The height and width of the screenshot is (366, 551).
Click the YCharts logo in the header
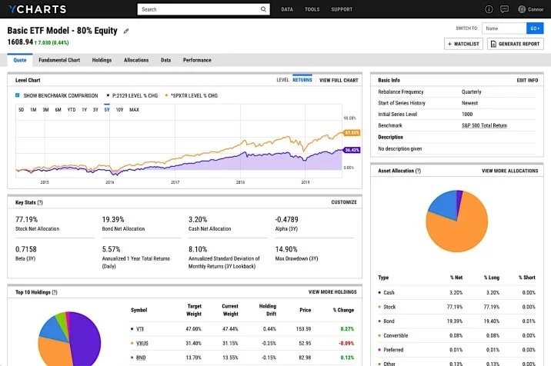pyautogui.click(x=36, y=9)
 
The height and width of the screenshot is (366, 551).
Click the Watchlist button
pyautogui.click(x=464, y=44)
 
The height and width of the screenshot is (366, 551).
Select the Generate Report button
pyautogui.click(x=516, y=44)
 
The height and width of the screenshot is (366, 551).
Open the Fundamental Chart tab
pyautogui.click(x=59, y=60)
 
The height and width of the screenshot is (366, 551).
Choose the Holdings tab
pyautogui.click(x=102, y=60)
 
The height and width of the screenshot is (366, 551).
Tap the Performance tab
pyautogui.click(x=197, y=60)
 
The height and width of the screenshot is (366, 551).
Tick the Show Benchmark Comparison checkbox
pyautogui.click(x=18, y=95)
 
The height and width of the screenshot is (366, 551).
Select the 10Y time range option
pyautogui.click(x=119, y=110)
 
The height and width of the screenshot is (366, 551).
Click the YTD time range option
pyautogui.click(x=71, y=110)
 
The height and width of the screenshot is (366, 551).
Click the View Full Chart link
pyautogui.click(x=339, y=80)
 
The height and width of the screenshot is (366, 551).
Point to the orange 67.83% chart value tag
pyautogui.click(x=352, y=133)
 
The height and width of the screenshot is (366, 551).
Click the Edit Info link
pyautogui.click(x=527, y=80)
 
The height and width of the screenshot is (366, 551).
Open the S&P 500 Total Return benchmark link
pyautogui.click(x=484, y=125)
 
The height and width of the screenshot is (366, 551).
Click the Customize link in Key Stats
pyautogui.click(x=344, y=202)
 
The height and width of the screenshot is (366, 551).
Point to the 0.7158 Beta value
pyautogui.click(x=26, y=250)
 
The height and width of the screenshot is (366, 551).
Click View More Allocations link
pyautogui.click(x=509, y=171)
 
